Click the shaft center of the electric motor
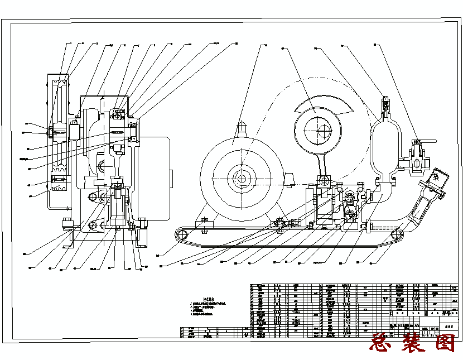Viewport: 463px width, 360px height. [x=241, y=179]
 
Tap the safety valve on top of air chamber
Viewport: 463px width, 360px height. [x=384, y=104]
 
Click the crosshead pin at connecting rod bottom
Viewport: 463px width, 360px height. [x=324, y=180]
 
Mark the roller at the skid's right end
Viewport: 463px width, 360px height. [x=398, y=238]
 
